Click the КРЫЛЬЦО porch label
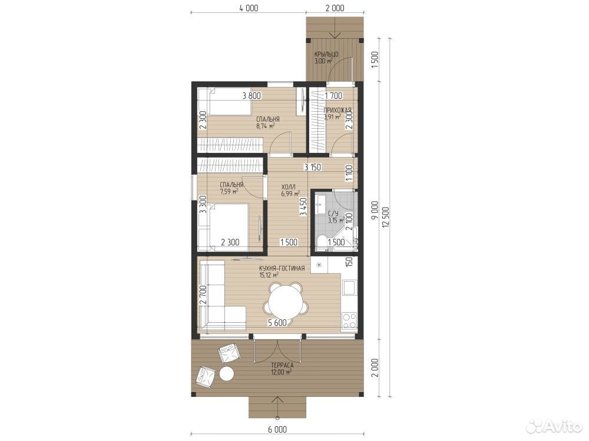point(326,54)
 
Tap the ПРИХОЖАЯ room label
point(337,111)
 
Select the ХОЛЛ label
point(289,187)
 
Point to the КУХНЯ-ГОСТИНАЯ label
point(282,269)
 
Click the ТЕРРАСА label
point(282,365)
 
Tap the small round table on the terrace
point(227,374)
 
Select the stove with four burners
point(349,321)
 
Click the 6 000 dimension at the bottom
point(277,430)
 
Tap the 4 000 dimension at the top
point(249,8)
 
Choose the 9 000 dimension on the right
point(375,211)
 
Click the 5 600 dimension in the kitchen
point(277,322)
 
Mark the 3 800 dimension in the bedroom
point(252,96)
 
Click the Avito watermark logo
point(553,427)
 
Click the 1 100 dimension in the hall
point(349,173)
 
